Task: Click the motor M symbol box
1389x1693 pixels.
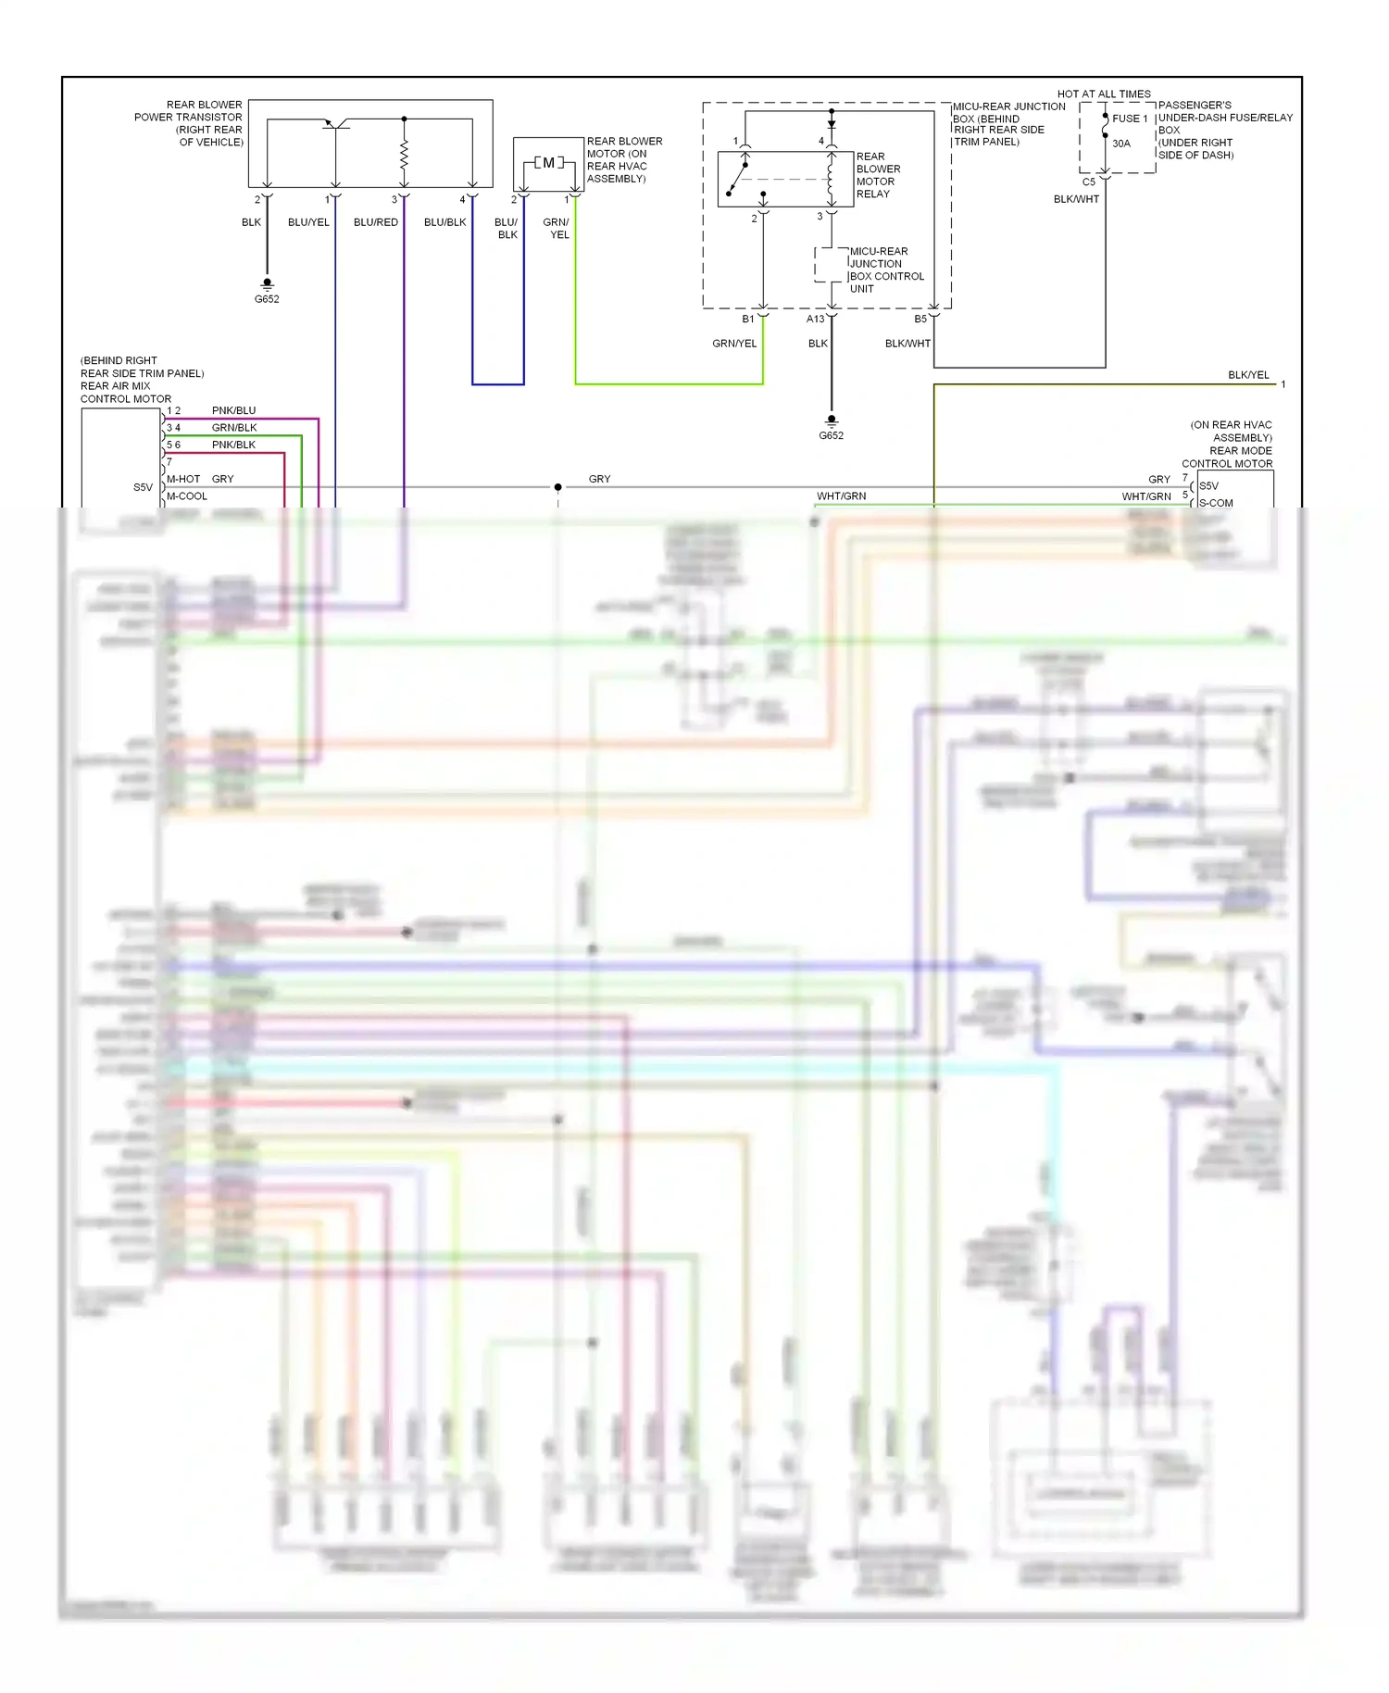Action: click(x=548, y=163)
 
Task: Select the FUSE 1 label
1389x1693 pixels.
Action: click(x=1129, y=119)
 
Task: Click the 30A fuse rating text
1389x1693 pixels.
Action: click(x=1120, y=144)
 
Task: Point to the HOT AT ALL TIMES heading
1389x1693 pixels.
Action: click(x=1104, y=94)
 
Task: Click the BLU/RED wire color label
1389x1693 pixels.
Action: click(x=375, y=222)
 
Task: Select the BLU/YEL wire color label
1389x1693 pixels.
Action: click(x=308, y=222)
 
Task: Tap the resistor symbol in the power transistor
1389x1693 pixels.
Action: click(x=404, y=155)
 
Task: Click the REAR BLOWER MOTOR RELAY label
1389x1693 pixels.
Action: click(x=877, y=175)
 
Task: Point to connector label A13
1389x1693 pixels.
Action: click(x=815, y=319)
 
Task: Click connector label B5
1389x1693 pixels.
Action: click(x=920, y=319)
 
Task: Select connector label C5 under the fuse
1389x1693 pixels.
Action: click(x=1088, y=182)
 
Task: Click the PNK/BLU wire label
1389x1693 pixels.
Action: click(x=233, y=410)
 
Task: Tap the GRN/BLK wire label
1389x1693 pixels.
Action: click(x=234, y=428)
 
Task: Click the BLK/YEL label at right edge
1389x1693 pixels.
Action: click(x=1247, y=375)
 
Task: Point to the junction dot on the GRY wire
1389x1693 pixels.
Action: click(x=557, y=487)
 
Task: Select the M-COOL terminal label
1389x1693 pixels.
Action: click(x=187, y=496)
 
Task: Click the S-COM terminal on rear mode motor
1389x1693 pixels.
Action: click(x=1215, y=503)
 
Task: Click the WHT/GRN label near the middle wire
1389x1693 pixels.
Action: click(x=841, y=496)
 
